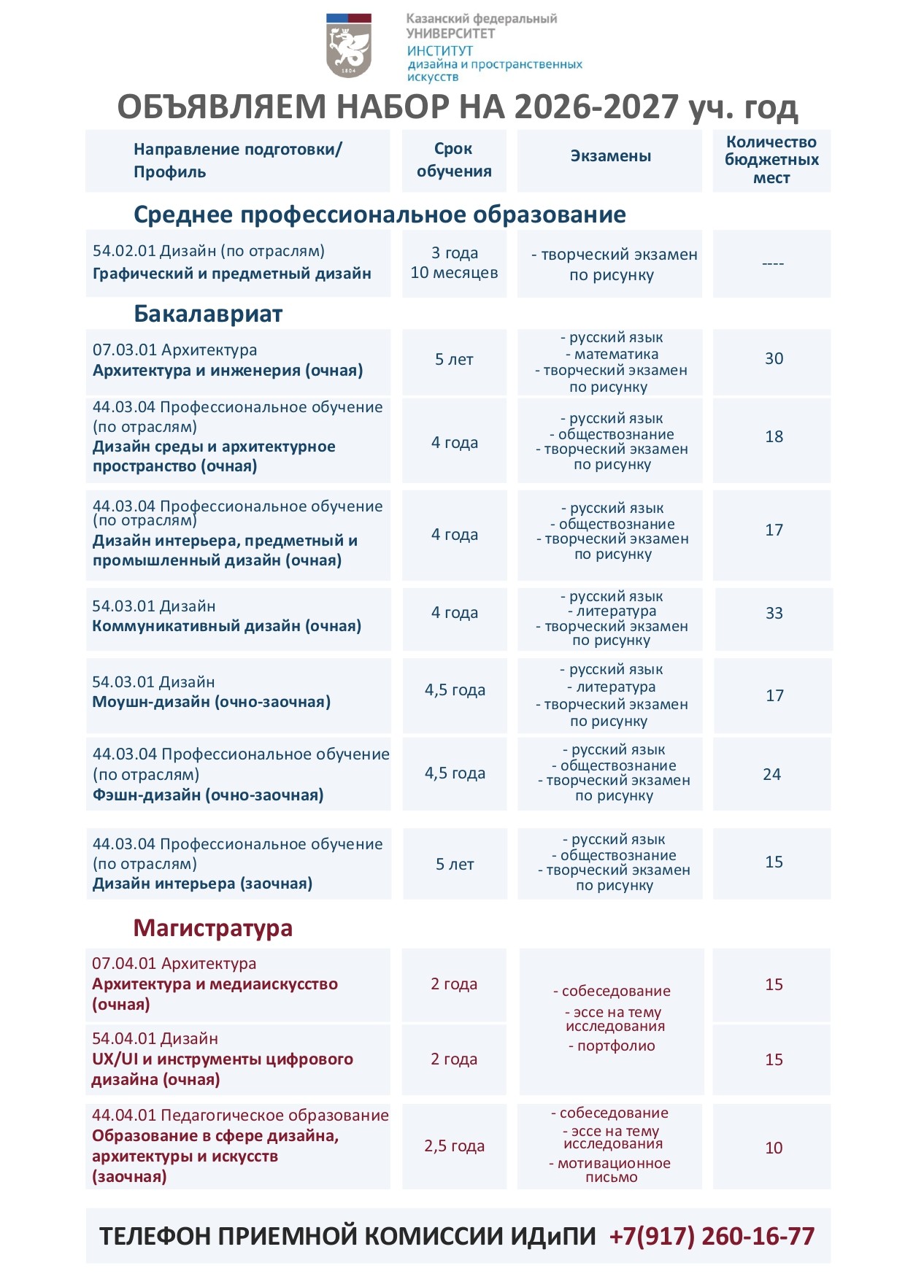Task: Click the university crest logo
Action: point(349,45)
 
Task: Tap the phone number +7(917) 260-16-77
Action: point(712,1236)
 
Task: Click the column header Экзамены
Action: point(610,156)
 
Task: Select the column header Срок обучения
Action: point(454,160)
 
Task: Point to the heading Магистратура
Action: point(212,928)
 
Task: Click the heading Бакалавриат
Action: point(208,314)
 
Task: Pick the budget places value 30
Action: point(774,359)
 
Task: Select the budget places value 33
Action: point(774,614)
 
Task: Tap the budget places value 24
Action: point(771,775)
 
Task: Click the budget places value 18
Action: point(774,437)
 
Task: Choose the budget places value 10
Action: point(774,1148)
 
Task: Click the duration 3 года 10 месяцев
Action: point(454,263)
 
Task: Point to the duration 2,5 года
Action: point(454,1146)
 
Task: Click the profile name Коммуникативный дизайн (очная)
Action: point(226,626)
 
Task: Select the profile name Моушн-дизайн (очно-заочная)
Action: point(211,702)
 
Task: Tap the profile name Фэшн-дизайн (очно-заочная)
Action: point(207,795)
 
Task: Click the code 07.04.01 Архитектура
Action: point(174,964)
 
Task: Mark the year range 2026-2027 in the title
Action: point(596,107)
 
